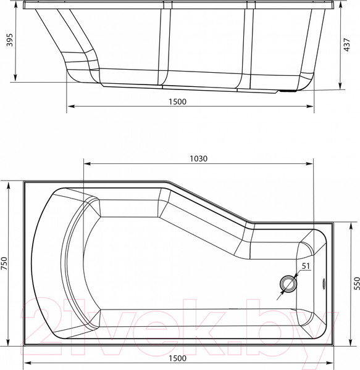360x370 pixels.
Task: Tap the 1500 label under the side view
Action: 177,101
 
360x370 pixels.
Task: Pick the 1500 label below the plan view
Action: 177,360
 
